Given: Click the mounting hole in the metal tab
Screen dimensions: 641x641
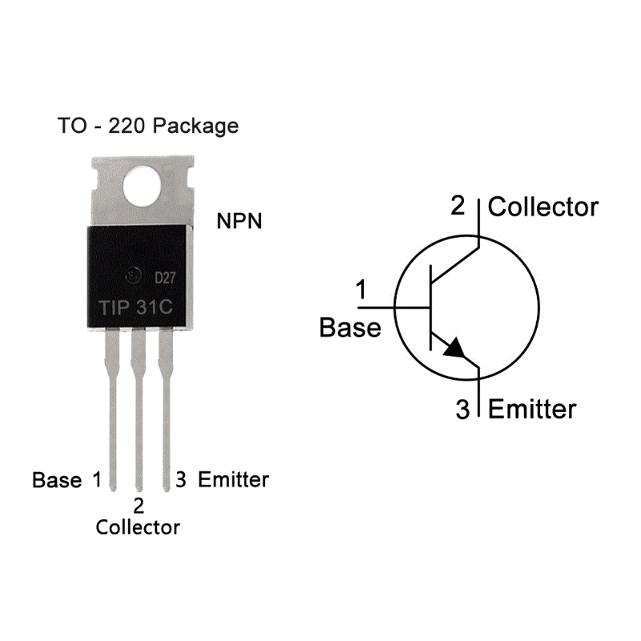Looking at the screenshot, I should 143,185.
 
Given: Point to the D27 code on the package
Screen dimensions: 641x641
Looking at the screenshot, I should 165,278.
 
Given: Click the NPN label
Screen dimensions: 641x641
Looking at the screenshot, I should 239,222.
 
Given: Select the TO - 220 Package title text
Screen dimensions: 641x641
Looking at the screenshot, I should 148,126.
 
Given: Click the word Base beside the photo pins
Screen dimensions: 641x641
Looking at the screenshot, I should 57,481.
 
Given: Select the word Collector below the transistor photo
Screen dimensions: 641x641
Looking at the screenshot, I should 138,527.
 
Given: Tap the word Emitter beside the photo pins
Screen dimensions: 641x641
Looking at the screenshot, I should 233,480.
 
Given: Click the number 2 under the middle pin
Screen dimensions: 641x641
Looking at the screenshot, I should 139,506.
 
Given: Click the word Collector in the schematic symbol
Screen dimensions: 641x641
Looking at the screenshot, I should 543,207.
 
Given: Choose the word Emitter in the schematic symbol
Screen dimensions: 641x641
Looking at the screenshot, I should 532,409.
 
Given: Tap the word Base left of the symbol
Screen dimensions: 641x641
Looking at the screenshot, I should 350,328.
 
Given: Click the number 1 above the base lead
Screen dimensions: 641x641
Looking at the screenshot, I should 361,290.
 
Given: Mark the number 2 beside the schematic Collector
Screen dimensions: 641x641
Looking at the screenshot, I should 458,206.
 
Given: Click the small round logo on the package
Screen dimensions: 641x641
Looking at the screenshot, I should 131,277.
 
